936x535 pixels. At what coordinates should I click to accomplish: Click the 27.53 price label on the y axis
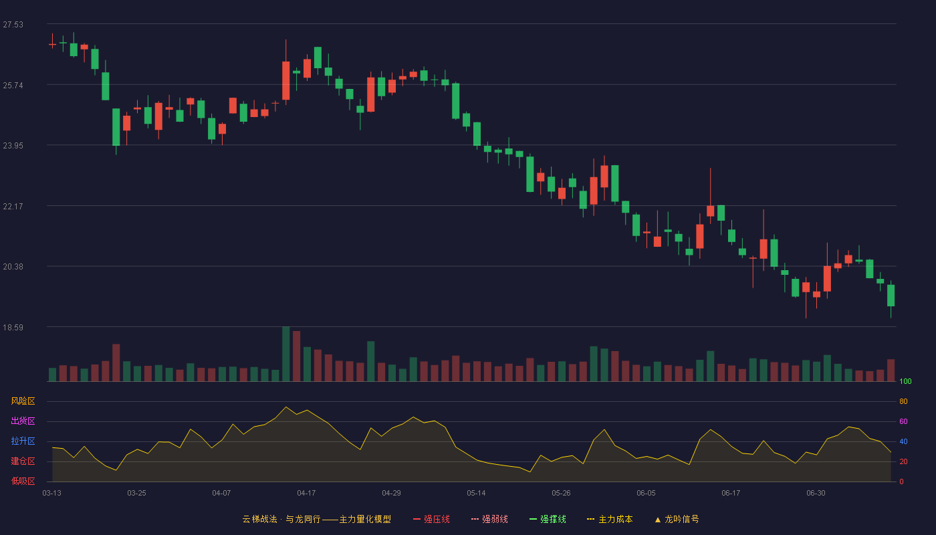[13, 25]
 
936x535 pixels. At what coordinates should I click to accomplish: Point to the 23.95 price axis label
[13, 146]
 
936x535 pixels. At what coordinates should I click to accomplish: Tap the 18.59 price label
[13, 327]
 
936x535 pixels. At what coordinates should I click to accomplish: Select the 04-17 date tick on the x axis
[306, 494]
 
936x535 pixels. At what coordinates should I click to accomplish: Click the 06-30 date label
[816, 494]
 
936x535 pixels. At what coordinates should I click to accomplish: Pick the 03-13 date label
[52, 494]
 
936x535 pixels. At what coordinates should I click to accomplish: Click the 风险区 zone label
[23, 401]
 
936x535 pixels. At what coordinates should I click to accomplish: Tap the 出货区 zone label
[23, 421]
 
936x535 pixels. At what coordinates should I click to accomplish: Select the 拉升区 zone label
[23, 441]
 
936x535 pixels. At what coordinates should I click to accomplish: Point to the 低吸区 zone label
[23, 481]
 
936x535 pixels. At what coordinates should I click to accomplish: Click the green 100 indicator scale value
[905, 381]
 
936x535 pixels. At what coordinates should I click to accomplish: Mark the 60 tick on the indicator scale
[903, 421]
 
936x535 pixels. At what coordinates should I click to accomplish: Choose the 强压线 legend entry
[431, 519]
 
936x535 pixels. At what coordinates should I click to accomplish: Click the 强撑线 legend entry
[548, 519]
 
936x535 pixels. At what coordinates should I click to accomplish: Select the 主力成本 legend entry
[610, 519]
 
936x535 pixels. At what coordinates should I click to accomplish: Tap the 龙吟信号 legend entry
[677, 519]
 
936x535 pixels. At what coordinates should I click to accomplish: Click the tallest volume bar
[286, 354]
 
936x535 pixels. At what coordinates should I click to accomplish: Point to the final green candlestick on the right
[891, 296]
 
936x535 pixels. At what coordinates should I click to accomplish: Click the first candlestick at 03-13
[52, 44]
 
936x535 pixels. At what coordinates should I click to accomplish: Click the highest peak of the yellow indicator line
[286, 407]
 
